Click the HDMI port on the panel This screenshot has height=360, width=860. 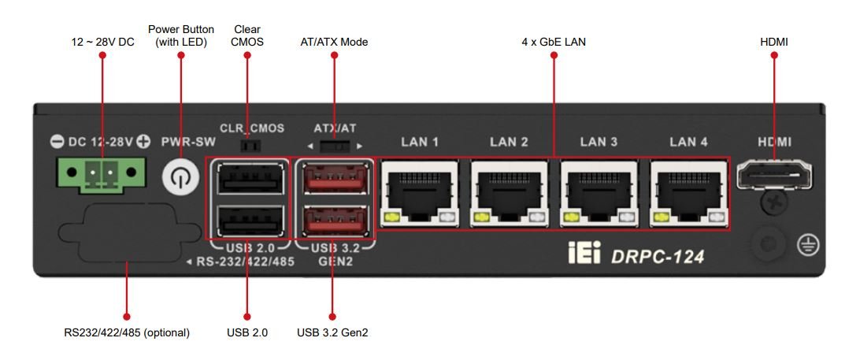click(774, 174)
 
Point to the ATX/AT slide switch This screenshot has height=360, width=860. click(335, 147)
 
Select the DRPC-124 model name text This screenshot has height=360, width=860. click(658, 255)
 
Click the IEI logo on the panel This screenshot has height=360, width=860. click(584, 254)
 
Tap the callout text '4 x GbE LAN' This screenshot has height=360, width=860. click(554, 41)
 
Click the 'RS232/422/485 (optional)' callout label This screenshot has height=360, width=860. click(127, 332)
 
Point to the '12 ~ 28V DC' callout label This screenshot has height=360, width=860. click(102, 41)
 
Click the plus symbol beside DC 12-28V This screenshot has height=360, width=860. click(143, 142)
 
